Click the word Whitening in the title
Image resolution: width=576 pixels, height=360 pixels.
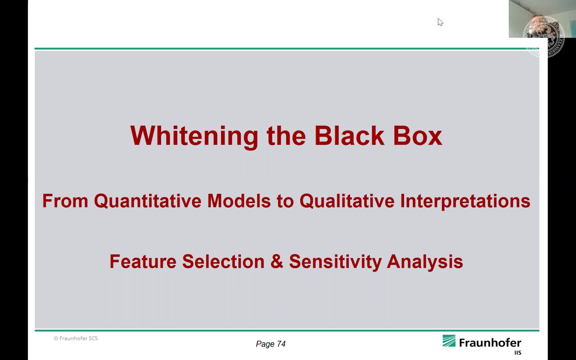pos(194,136)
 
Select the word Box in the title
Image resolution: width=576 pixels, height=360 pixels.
pos(418,136)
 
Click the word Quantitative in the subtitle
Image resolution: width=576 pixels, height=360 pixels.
pos(147,201)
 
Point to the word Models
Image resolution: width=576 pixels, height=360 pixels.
pos(239,201)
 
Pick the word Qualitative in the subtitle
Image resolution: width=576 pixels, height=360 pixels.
pos(347,201)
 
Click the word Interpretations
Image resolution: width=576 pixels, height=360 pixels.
pos(465,201)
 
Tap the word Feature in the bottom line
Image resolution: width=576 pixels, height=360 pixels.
pos(143,261)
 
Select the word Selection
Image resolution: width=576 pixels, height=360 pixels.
pos(223,261)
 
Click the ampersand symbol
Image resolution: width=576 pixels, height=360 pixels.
pos(277,261)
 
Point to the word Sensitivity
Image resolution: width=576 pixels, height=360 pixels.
pos(335,262)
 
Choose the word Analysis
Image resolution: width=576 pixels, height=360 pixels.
pos(425,262)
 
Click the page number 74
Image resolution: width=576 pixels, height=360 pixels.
pos(281,344)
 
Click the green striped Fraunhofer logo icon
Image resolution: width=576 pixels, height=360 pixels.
pos(449,341)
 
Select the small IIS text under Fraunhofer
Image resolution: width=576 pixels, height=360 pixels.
pos(518,353)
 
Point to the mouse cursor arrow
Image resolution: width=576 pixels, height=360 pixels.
pos(440,22)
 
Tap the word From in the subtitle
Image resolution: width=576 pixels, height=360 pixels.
pos(65,201)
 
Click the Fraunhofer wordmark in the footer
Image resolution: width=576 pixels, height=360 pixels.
pos(490,343)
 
